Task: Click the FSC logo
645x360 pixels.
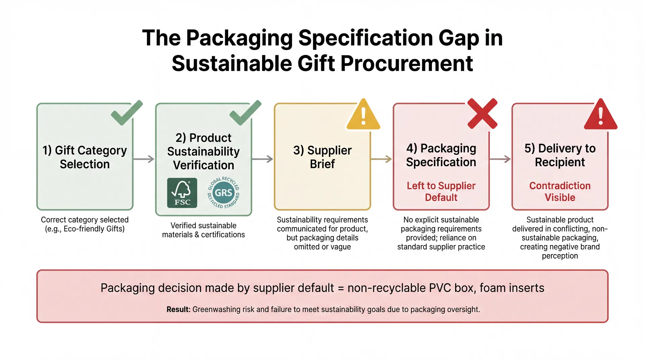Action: (x=182, y=193)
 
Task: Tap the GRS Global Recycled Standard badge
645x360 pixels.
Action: (x=223, y=193)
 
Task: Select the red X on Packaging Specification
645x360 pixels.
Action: (x=482, y=114)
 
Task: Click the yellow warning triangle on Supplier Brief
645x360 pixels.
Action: (x=363, y=115)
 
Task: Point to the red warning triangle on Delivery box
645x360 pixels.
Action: (x=601, y=115)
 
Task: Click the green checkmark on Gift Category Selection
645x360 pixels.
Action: (x=126, y=113)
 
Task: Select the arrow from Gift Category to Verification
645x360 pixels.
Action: (x=144, y=159)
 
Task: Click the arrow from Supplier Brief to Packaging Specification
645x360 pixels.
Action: (x=382, y=159)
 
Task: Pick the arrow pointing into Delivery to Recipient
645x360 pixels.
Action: (x=500, y=159)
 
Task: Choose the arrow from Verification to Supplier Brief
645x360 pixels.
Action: (x=263, y=159)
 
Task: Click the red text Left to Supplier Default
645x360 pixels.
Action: (x=441, y=191)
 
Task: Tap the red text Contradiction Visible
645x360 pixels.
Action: (x=560, y=191)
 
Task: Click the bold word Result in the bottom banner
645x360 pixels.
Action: (x=178, y=309)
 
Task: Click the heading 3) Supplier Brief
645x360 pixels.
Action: (x=322, y=157)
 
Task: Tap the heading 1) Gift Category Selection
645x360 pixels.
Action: (x=85, y=157)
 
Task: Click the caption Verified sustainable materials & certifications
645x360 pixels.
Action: (x=203, y=230)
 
